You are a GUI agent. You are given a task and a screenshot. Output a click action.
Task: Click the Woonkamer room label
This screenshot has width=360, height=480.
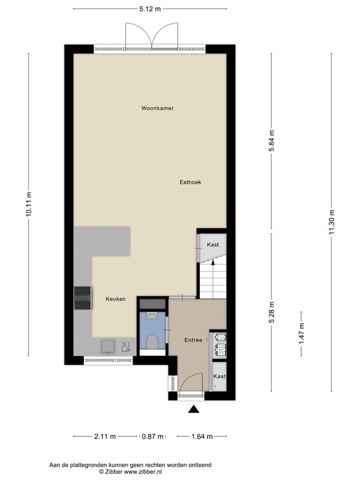click(157, 108)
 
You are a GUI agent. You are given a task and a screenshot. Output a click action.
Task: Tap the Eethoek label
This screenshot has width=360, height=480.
click(189, 182)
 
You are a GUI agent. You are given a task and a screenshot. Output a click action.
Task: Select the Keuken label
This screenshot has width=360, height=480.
click(116, 299)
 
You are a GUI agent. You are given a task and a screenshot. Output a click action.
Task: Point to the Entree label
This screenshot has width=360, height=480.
click(192, 340)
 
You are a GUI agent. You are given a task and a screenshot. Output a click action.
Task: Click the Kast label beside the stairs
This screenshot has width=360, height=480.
click(212, 244)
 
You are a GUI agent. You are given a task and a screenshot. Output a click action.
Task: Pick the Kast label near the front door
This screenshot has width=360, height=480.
click(219, 376)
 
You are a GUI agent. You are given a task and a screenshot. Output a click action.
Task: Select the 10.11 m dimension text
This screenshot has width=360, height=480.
click(29, 204)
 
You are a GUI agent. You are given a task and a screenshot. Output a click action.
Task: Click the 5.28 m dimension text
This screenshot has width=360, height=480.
click(271, 312)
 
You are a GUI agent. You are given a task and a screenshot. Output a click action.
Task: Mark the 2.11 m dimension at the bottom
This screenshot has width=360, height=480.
click(104, 437)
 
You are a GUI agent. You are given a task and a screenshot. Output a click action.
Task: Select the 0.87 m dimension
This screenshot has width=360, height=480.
click(152, 437)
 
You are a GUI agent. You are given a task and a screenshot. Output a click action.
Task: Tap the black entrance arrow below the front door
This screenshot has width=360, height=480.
click(194, 410)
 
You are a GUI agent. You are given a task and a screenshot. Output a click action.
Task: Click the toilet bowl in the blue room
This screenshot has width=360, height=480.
click(152, 341)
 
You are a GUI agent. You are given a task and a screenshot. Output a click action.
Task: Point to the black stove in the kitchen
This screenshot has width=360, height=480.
click(82, 298)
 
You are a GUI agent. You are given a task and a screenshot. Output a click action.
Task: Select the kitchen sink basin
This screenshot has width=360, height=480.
click(108, 346)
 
